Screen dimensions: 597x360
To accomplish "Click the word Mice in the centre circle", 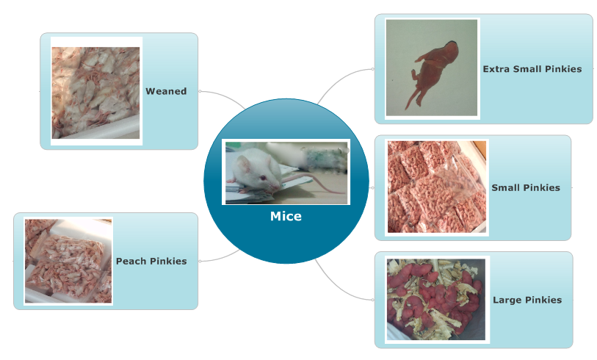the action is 286,216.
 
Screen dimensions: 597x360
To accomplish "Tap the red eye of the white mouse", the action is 262,178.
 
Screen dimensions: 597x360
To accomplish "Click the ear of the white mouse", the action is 243,164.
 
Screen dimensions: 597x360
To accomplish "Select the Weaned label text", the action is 166,91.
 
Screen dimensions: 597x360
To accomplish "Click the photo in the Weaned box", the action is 96,92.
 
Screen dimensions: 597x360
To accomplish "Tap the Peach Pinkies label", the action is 151,261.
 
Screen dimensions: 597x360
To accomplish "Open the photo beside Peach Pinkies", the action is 68,261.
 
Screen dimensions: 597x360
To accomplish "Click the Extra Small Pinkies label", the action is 532,69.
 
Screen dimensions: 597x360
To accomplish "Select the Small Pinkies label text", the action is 526,187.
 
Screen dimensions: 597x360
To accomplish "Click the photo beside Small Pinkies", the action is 437,187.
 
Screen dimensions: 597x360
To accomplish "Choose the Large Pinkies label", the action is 527,300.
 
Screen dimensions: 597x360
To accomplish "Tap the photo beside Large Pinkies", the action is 436,300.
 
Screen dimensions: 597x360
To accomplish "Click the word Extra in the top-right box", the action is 496,69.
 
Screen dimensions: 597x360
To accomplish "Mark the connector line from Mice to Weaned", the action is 225,97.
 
